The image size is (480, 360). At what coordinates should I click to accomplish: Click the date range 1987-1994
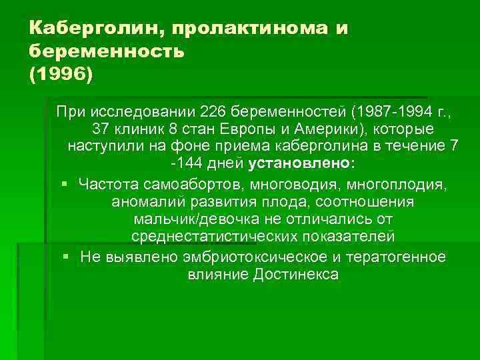click(311, 110)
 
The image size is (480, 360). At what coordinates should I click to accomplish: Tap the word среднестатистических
click(213, 237)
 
